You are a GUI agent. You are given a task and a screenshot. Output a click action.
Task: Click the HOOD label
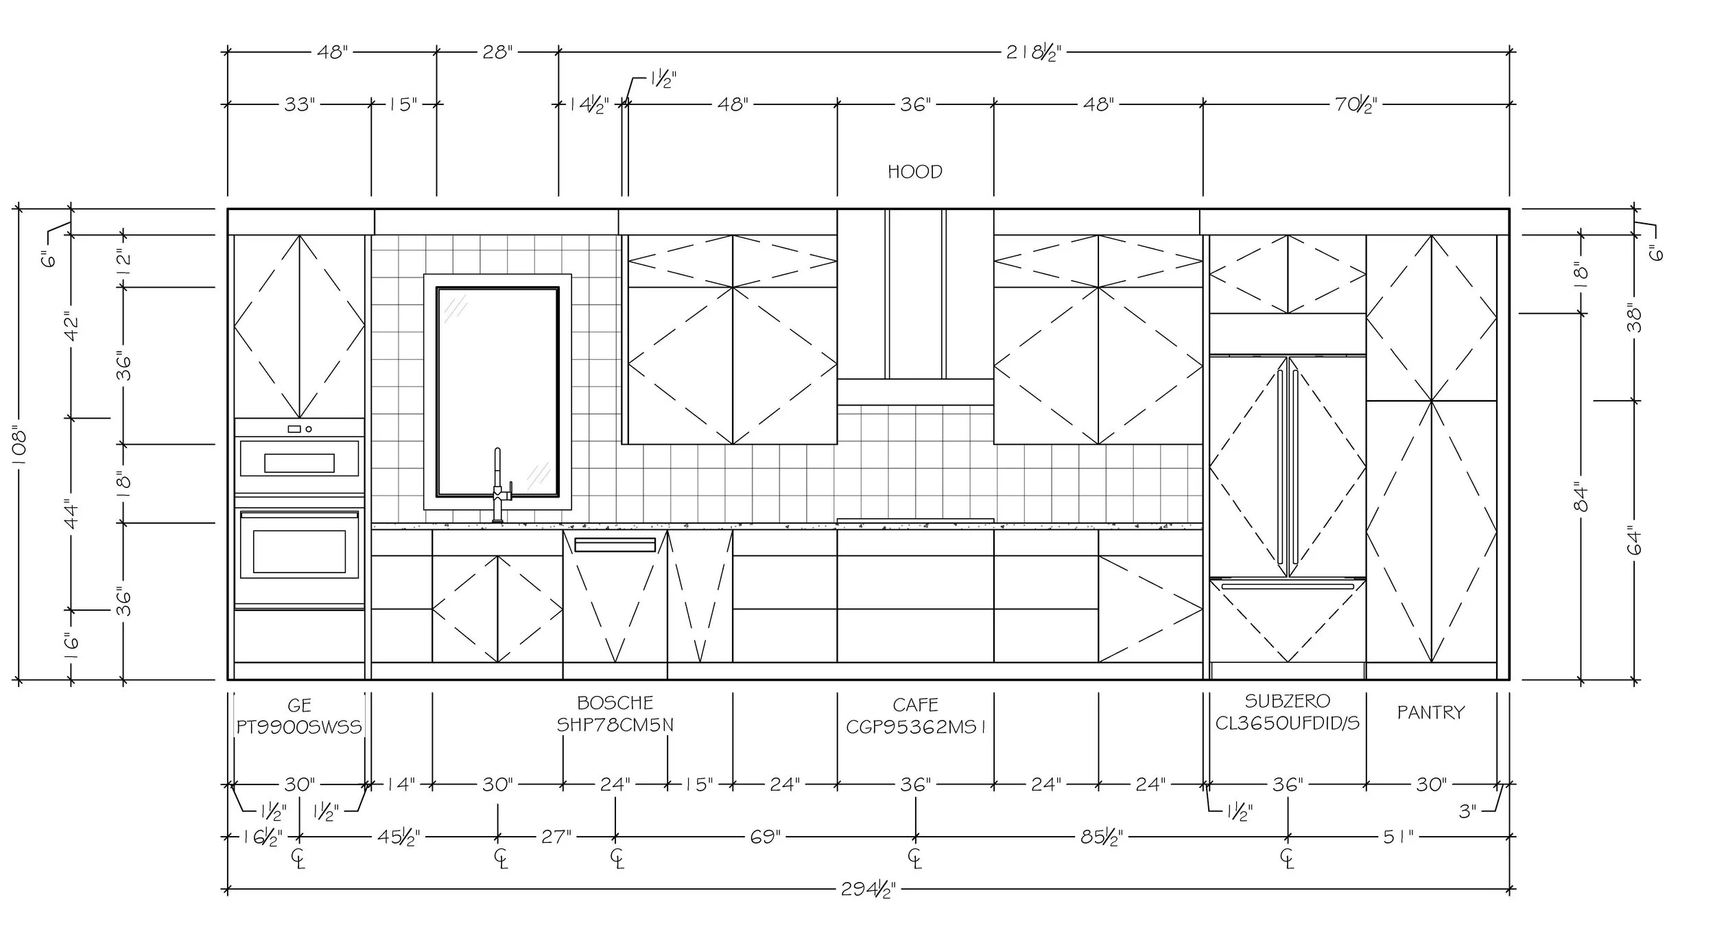[914, 172]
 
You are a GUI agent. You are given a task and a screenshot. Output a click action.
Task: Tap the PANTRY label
[1430, 712]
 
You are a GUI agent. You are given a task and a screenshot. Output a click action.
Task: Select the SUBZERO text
[1287, 701]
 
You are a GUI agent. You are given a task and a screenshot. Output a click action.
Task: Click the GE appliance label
[299, 705]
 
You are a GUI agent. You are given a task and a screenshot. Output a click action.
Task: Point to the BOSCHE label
[615, 702]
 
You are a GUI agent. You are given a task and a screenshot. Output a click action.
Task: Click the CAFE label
[915, 704]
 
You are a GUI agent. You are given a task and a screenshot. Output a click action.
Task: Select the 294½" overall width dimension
[868, 890]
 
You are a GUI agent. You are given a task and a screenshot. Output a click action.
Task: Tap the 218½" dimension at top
[1033, 53]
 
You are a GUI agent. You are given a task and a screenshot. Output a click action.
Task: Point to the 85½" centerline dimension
[1102, 837]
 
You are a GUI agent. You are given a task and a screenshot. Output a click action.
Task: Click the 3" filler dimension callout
[1467, 811]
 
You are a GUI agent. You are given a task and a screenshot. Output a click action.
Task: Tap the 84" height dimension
[1581, 498]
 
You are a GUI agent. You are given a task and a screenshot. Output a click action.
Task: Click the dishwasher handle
[615, 545]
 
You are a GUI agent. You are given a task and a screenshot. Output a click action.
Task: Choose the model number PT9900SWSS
[299, 727]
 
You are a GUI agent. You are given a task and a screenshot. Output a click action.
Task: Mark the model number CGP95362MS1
[915, 727]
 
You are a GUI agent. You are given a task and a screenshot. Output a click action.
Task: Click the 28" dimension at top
[497, 52]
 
